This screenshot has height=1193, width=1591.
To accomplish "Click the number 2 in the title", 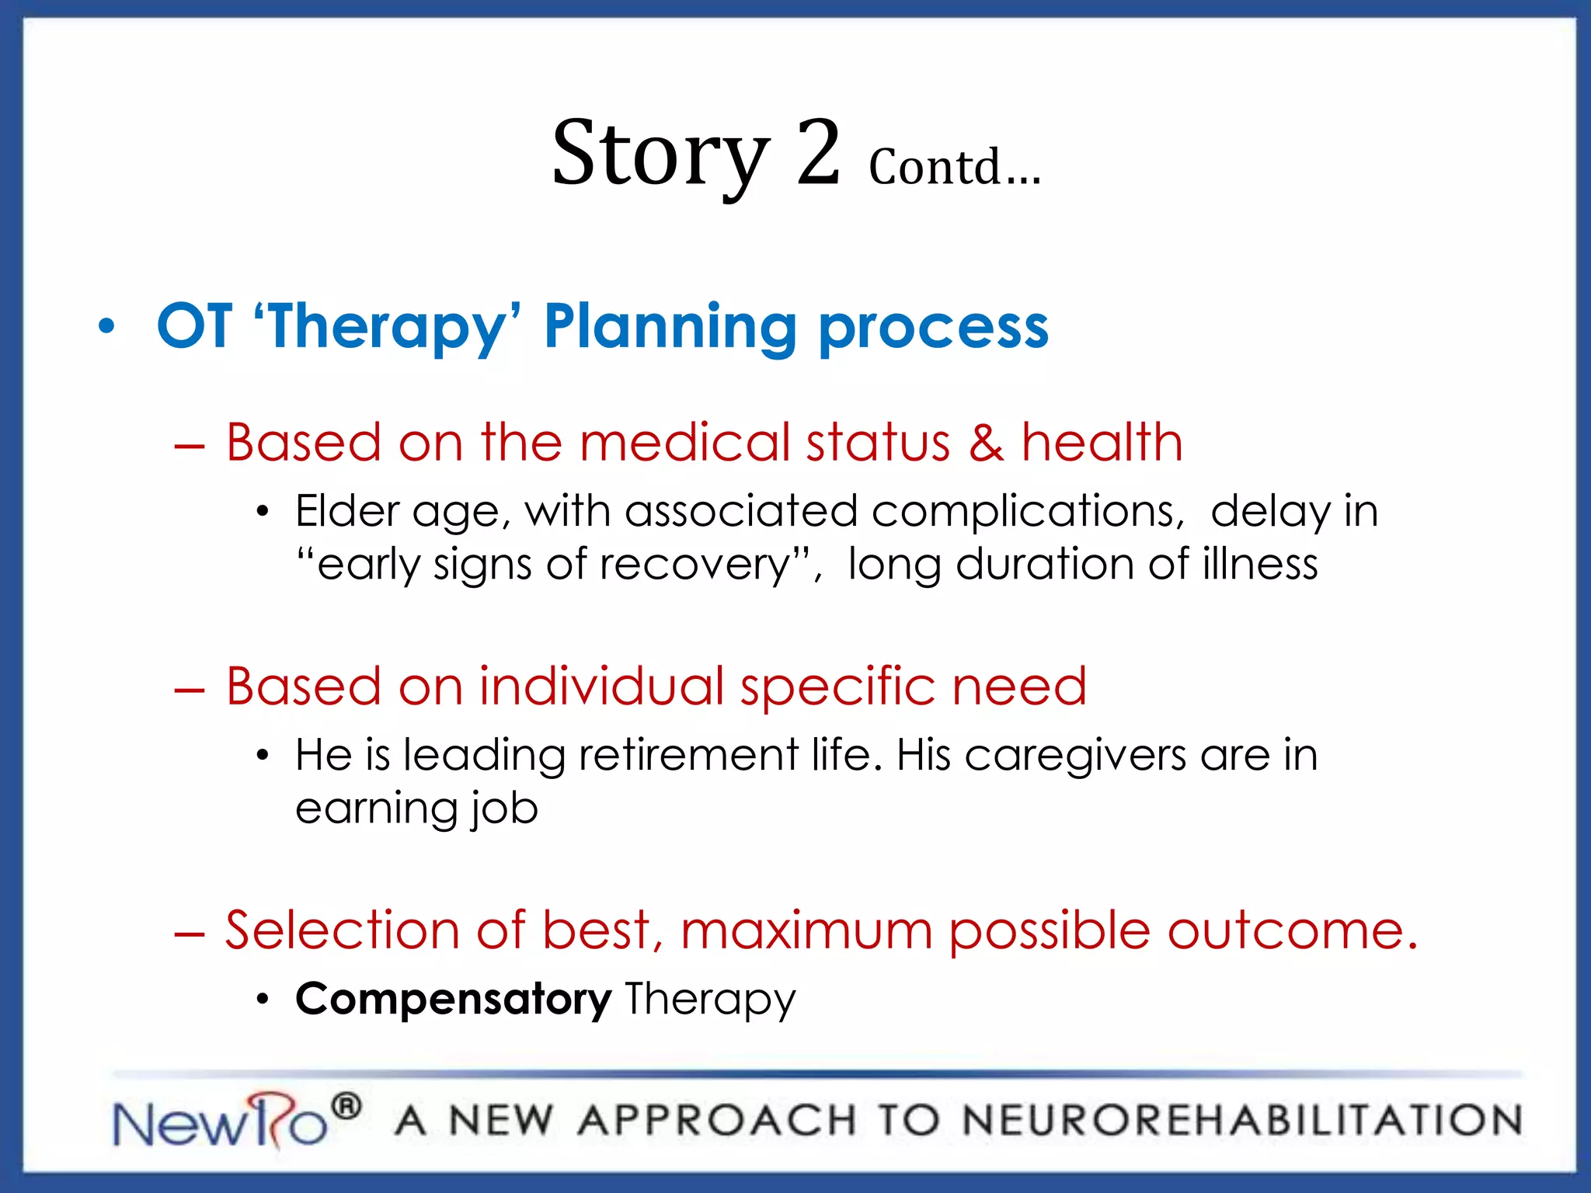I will coord(818,153).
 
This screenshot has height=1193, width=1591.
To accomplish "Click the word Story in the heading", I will coord(660,155).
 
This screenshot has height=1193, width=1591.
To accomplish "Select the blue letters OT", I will coord(194,326).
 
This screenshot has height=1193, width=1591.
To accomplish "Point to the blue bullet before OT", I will coord(106,327).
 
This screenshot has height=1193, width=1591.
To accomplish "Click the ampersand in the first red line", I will coord(986,443).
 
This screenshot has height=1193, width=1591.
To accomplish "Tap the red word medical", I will coord(684,443).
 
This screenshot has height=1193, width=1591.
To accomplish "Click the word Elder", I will coord(346,512).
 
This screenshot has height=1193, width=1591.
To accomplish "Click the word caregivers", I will coord(1075,756).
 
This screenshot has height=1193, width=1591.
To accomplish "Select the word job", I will coord(504,809).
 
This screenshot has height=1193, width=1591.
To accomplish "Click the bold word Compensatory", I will coord(453,1000).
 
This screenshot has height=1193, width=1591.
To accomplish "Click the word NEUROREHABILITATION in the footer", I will coord(1241,1121).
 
